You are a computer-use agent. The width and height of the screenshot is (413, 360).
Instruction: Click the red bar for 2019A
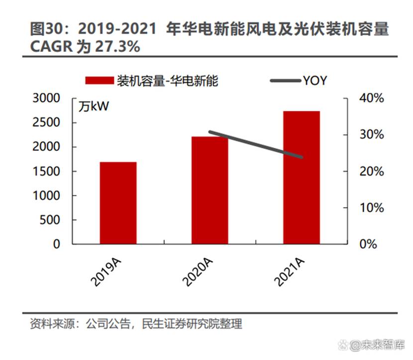(x=118, y=203)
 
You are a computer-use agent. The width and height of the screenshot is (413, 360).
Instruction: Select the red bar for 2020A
(x=209, y=190)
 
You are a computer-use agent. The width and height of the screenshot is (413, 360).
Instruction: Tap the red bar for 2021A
(x=302, y=177)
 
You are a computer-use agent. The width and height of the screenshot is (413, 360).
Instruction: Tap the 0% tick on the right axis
(x=374, y=244)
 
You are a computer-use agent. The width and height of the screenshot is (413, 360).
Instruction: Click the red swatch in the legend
(x=99, y=81)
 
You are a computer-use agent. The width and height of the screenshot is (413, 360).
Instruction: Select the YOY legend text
(x=314, y=81)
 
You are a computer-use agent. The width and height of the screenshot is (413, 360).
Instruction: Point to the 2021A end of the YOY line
(x=302, y=157)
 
